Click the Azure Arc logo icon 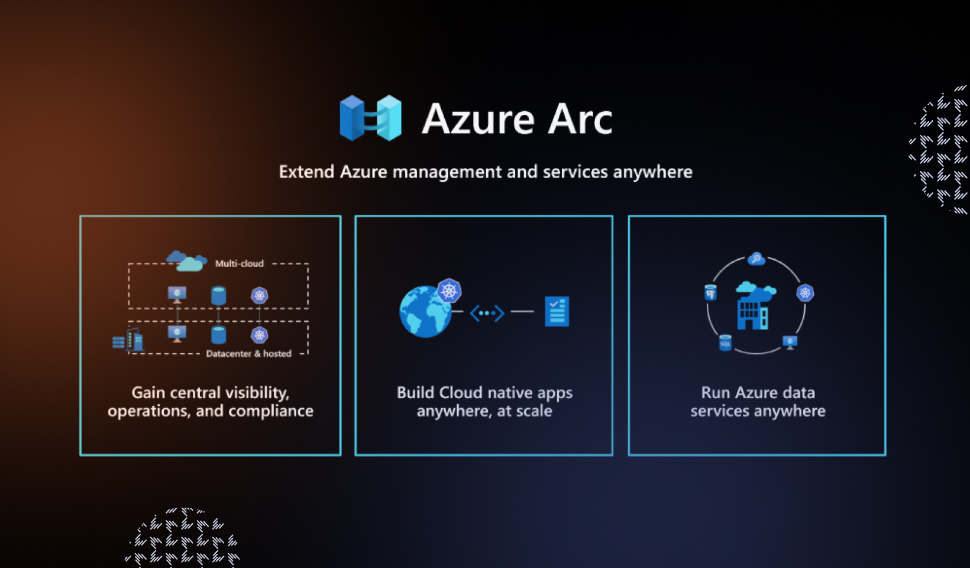370,118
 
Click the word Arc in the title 580,120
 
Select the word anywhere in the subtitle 652,172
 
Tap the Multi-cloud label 239,263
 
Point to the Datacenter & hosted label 248,354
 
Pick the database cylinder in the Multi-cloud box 218,295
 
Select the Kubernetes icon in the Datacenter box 260,335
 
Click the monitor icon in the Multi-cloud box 177,294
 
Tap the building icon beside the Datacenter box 135,340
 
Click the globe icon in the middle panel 423,312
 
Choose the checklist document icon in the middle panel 557,311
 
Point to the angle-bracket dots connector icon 487,312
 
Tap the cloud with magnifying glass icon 756,259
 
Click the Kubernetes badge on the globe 449,291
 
